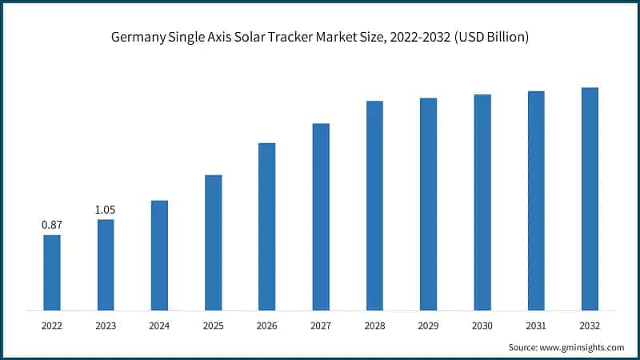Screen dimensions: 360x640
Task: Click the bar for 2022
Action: tap(52, 272)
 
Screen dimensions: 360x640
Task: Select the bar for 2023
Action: tap(106, 264)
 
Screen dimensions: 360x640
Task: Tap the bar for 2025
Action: tap(213, 242)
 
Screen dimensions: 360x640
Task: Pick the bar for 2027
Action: tap(321, 216)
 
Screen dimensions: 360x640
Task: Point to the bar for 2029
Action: tap(428, 204)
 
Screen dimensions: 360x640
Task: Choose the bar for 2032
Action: tap(590, 198)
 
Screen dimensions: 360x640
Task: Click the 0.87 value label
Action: tap(52, 226)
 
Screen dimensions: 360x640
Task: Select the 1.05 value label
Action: tap(106, 210)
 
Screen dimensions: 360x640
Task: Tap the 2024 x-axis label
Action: tap(159, 326)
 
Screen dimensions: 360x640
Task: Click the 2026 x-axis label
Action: tap(266, 326)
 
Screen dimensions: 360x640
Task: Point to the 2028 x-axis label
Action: tap(374, 326)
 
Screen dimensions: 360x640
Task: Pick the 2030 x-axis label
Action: tap(482, 326)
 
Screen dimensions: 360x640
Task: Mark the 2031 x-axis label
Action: tap(536, 326)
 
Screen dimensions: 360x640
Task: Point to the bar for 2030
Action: tap(482, 202)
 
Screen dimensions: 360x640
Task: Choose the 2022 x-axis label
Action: tap(52, 326)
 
